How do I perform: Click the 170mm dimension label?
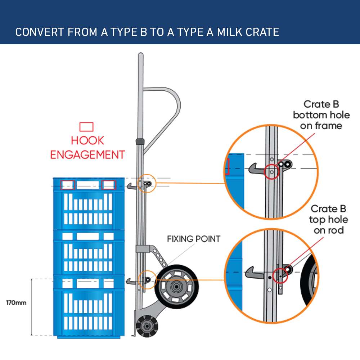point(16,302)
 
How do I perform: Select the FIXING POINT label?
point(193,239)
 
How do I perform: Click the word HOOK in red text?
point(87,140)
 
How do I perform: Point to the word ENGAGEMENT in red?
point(87,155)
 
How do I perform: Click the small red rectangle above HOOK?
point(86,127)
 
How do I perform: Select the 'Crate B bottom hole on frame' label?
point(321,115)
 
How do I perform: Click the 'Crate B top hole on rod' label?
point(328,219)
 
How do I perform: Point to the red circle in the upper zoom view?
point(271,172)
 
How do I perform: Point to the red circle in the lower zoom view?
point(280,275)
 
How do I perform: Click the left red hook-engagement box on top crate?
point(67,185)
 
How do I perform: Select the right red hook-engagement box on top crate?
point(108,185)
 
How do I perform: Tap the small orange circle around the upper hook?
point(147,184)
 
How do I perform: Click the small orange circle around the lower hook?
point(147,279)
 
